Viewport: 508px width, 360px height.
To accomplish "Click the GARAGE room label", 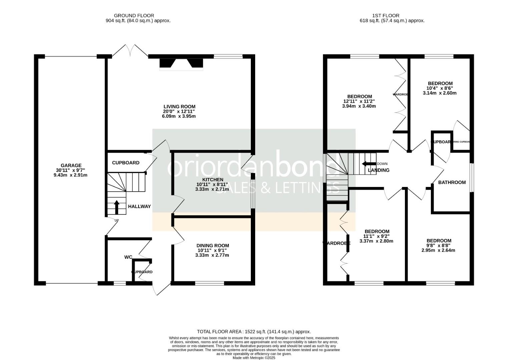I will click(x=71, y=165).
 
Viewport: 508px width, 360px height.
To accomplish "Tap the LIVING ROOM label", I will click(x=179, y=107).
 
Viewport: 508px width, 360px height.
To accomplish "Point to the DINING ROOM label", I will click(x=213, y=246).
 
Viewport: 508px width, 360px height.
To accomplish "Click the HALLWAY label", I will click(x=139, y=206).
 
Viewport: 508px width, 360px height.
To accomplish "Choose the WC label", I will click(x=128, y=257).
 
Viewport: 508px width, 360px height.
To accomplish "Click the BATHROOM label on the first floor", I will click(x=452, y=182).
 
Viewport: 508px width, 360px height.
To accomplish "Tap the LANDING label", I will click(x=379, y=170).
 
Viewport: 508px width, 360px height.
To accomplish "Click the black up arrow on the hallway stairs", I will click(x=117, y=207).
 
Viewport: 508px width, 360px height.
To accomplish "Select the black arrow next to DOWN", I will click(x=369, y=164).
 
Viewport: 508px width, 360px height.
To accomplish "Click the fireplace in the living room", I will click(x=181, y=64).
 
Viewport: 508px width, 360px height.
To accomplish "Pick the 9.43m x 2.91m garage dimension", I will click(x=70, y=175).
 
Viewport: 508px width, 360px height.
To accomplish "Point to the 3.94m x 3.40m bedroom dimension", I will click(x=359, y=106).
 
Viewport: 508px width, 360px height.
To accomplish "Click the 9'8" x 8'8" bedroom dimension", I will click(x=439, y=245).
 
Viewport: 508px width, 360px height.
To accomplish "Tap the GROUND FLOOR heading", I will click(x=134, y=15).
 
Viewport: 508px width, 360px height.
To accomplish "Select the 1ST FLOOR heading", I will click(x=386, y=15).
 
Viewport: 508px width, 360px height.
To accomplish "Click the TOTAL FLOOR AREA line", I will click(x=254, y=332).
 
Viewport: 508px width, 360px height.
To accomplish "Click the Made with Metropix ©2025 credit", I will click(x=254, y=358).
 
